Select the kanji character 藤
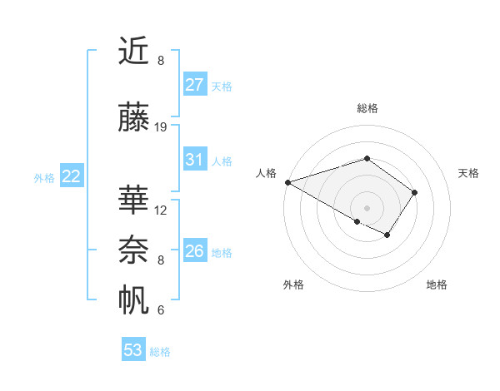[x=134, y=118]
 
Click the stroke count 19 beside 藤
[x=161, y=127]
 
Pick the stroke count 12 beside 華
[x=161, y=210]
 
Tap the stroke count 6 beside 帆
[x=161, y=310]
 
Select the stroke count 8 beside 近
[x=161, y=61]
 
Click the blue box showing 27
[x=195, y=84]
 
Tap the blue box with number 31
[x=195, y=160]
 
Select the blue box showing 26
[x=195, y=251]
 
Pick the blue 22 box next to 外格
[x=72, y=176]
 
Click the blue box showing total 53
[x=133, y=350]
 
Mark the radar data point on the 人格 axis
[x=287, y=182]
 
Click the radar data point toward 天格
[x=414, y=192]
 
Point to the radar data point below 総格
[x=367, y=158]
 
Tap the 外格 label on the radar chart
[x=293, y=285]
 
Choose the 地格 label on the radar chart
[x=437, y=285]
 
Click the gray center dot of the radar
[x=367, y=207]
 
